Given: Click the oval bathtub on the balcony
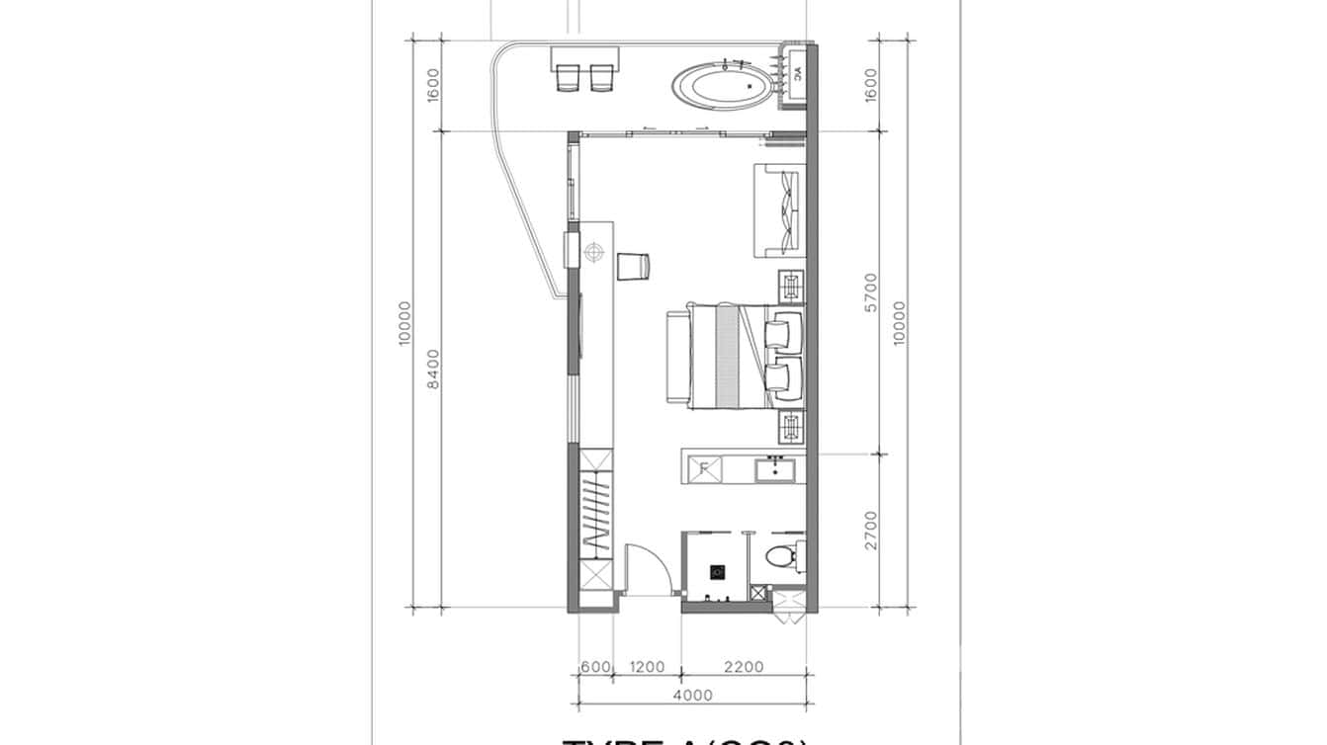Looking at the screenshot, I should click(x=720, y=87).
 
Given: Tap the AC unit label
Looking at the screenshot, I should click(x=798, y=72).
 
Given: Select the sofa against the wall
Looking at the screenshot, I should click(x=781, y=210).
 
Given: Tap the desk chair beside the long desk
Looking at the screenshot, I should click(x=632, y=266).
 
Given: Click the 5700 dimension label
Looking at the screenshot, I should click(x=871, y=293).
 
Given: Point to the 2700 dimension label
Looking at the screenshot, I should click(x=871, y=531).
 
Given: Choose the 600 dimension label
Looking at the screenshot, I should click(x=595, y=668).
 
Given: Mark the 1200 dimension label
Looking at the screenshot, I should click(x=647, y=668).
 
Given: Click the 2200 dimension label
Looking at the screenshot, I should click(x=743, y=668).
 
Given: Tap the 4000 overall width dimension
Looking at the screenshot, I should click(x=691, y=696).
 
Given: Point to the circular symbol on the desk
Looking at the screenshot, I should click(x=593, y=253).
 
